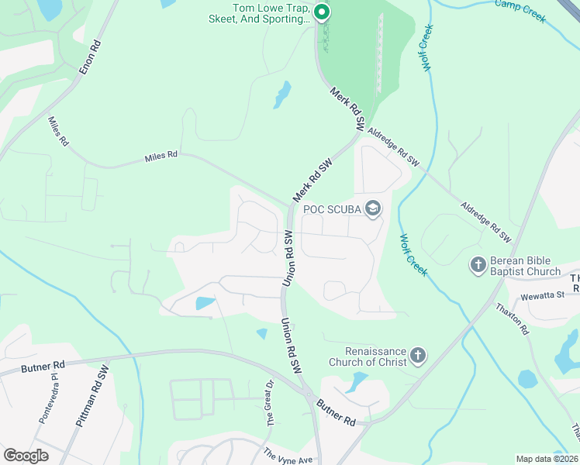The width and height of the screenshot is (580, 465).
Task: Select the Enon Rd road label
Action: click(x=90, y=57)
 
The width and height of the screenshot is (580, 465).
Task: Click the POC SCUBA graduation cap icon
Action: click(x=373, y=208)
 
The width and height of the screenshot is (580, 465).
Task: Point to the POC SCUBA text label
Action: click(x=332, y=209)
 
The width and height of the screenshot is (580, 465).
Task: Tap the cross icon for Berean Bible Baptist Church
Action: click(x=478, y=265)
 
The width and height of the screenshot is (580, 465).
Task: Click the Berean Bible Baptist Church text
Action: click(x=524, y=266)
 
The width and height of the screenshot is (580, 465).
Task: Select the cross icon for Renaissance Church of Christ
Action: click(x=417, y=356)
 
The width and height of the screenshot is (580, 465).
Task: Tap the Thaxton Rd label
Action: click(x=513, y=318)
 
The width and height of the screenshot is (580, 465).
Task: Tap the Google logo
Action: click(x=26, y=456)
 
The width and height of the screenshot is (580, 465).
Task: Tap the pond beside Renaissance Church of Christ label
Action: click(x=357, y=381)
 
